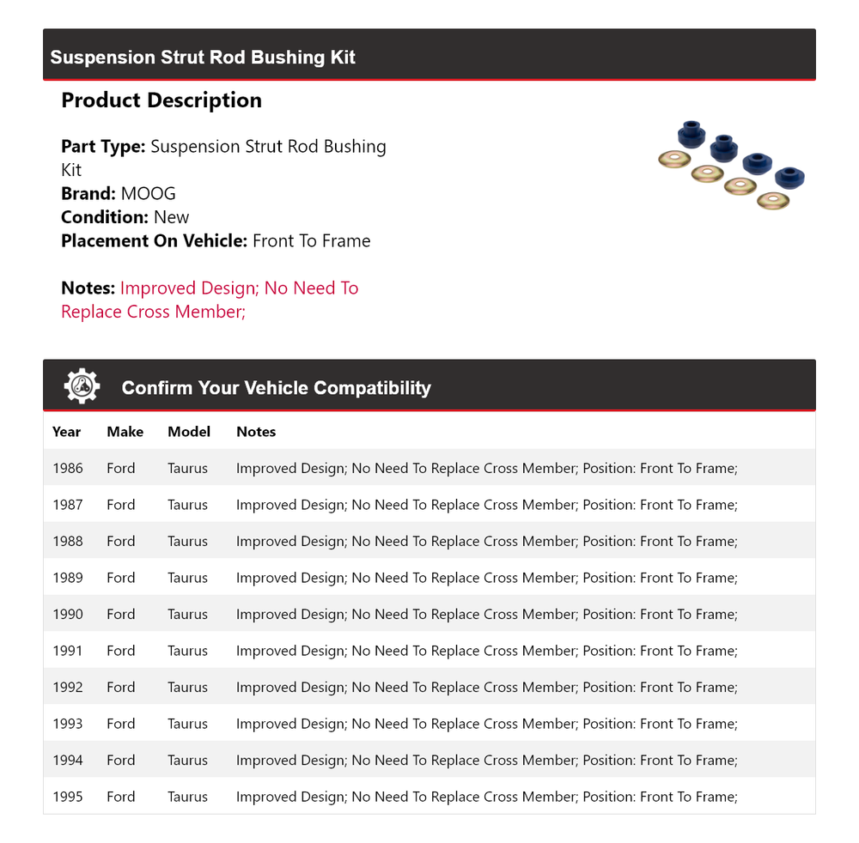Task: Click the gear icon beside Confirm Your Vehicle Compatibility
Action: tap(82, 386)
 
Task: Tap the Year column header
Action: tap(66, 432)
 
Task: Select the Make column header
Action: tap(125, 432)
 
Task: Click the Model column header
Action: tap(189, 432)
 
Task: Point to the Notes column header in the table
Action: tap(256, 432)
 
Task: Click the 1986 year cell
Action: tap(68, 469)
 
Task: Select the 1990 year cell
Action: tap(68, 615)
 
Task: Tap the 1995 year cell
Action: tap(68, 797)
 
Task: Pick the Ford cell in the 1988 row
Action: tap(121, 542)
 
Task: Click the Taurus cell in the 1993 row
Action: tap(187, 724)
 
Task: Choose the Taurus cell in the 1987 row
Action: tap(187, 505)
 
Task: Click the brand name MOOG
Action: tap(148, 194)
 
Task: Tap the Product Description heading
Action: tap(161, 100)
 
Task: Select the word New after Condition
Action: tap(171, 217)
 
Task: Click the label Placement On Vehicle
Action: tap(154, 241)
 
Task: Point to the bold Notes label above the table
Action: tap(88, 288)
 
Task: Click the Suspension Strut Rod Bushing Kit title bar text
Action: tap(203, 58)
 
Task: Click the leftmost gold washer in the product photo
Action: tap(674, 159)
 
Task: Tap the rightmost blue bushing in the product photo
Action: tap(789, 178)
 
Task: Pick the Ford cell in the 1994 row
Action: tap(121, 761)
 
